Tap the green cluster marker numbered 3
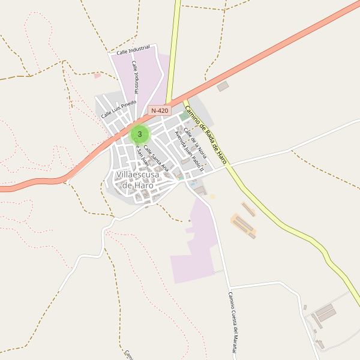140,134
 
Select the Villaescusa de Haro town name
138,179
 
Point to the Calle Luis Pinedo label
118,109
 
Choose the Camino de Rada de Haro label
206,135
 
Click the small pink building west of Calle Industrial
97,76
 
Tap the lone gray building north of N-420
223,86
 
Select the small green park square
183,117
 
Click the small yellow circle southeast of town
212,196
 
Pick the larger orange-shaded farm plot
244,226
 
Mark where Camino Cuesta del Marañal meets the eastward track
229,287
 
